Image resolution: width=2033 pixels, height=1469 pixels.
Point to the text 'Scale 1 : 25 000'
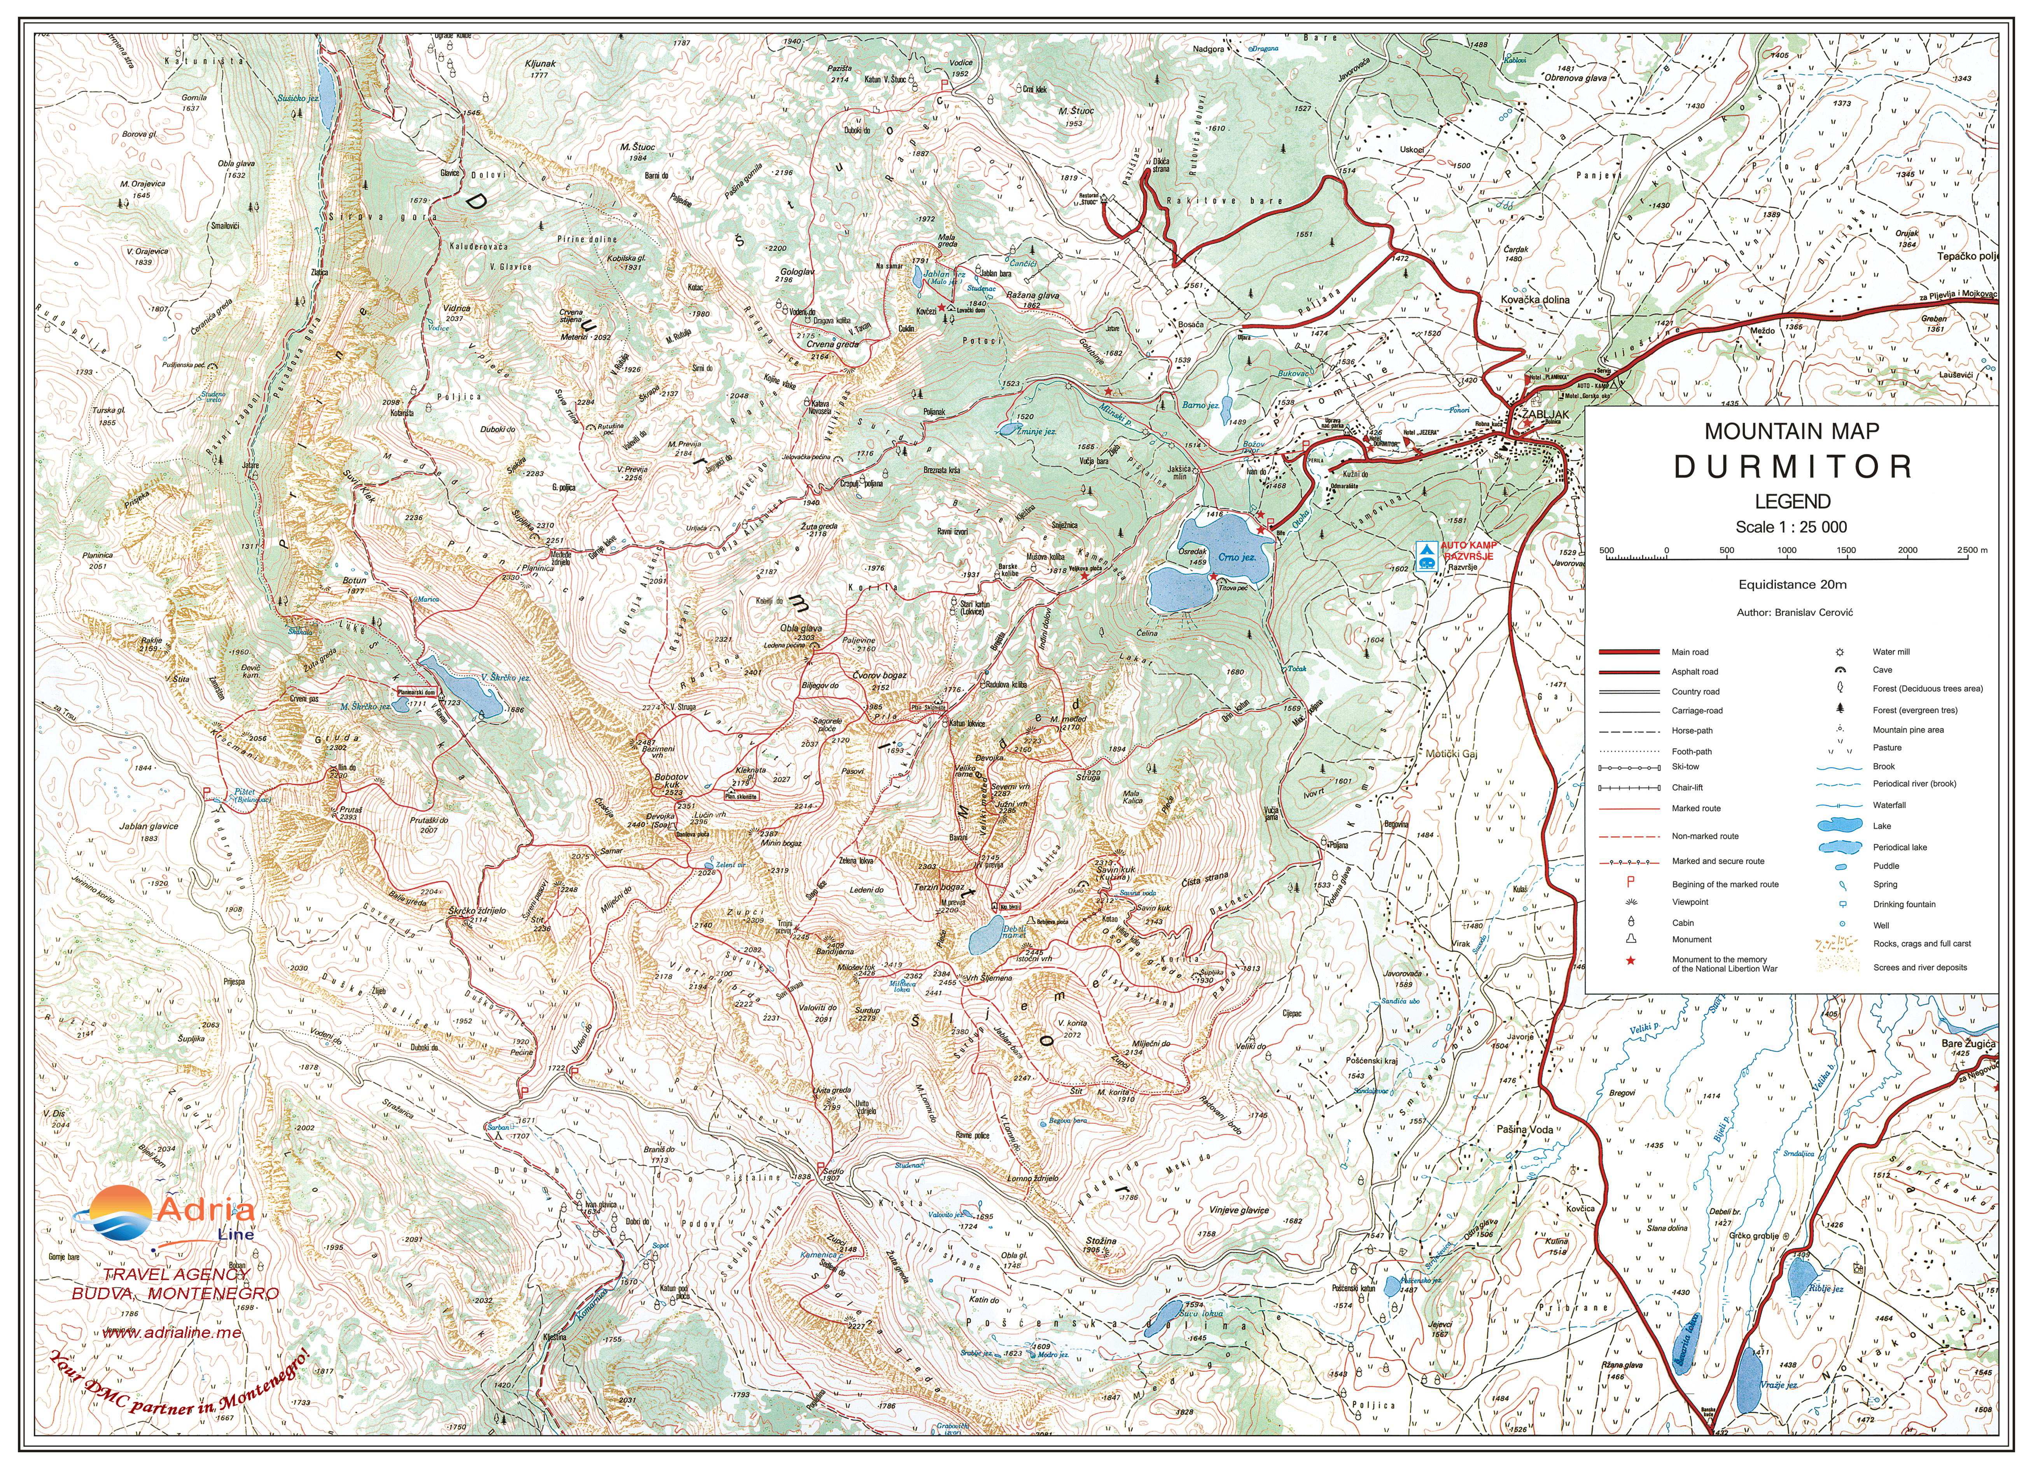click(1791, 527)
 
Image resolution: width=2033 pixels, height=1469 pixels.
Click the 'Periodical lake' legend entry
click(1898, 847)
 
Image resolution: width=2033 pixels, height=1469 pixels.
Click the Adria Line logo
click(166, 1216)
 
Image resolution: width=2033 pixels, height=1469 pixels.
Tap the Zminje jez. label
click(1035, 431)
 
